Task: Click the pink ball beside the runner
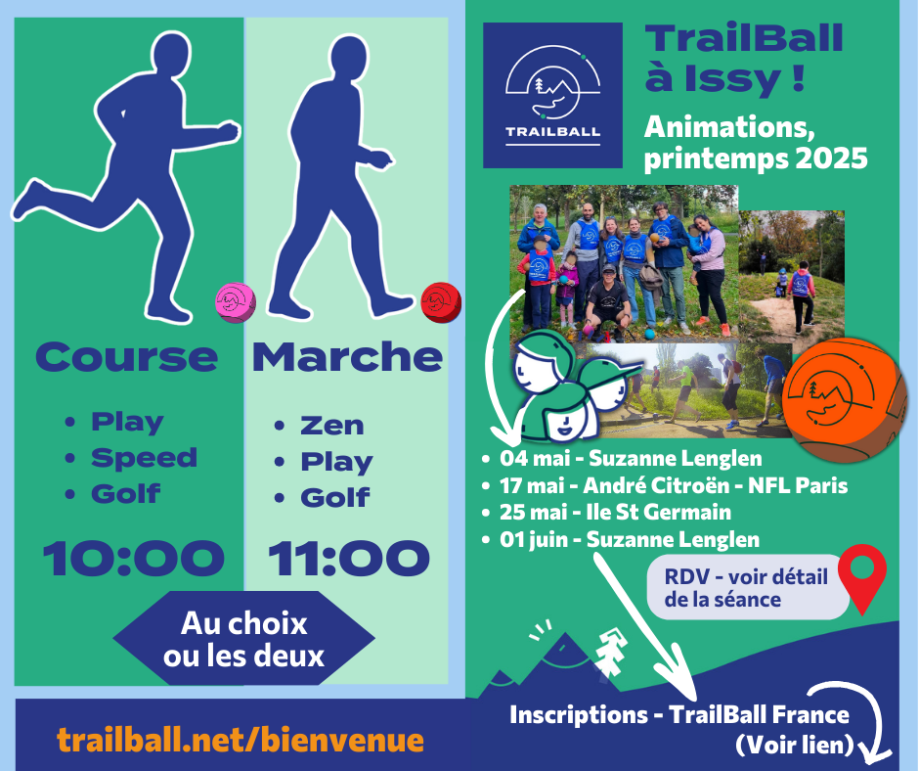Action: click(236, 302)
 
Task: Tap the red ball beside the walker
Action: click(441, 302)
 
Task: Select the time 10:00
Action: click(134, 558)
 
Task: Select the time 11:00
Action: click(349, 558)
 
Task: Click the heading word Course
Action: click(126, 357)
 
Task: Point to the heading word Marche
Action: click(347, 356)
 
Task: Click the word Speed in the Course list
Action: click(144, 458)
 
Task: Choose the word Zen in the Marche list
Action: click(332, 426)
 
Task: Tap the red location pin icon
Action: click(862, 578)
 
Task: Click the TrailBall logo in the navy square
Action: click(552, 96)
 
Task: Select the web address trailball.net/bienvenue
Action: click(241, 740)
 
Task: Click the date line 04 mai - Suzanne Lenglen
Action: click(631, 458)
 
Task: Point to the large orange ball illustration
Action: click(839, 399)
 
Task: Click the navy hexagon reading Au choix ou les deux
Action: click(243, 638)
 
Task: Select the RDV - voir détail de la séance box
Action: click(748, 587)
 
